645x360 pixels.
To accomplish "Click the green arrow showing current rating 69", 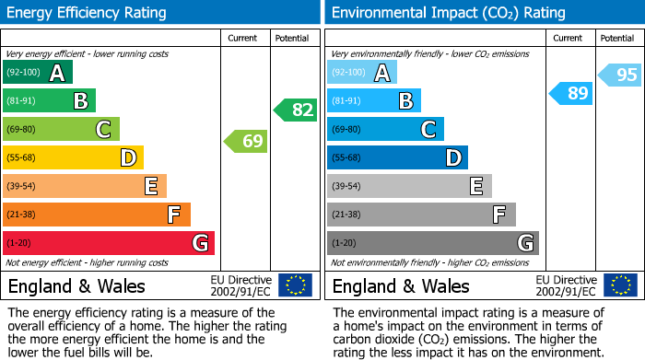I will click(x=245, y=142).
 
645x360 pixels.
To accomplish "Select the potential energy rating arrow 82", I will click(x=296, y=110).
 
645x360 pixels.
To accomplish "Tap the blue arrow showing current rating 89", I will click(x=571, y=93).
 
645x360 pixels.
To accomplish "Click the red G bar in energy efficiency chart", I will click(x=108, y=243).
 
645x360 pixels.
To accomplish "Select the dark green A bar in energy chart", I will click(x=37, y=73).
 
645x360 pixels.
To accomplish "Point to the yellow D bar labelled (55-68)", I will click(x=73, y=158).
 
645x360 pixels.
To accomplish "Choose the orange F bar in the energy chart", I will click(x=96, y=215).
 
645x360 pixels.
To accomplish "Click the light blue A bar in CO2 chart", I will click(x=362, y=73).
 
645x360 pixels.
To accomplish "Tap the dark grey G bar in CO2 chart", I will click(x=432, y=243).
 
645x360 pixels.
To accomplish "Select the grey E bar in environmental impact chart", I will click(x=409, y=186).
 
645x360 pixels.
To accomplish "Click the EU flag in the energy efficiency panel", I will click(x=296, y=285).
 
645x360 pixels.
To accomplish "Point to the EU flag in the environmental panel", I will click(x=620, y=285).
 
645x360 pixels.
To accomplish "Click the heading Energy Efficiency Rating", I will click(x=88, y=13).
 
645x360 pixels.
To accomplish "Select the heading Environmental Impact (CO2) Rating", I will click(x=435, y=13).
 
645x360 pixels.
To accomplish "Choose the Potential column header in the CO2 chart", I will click(x=617, y=38).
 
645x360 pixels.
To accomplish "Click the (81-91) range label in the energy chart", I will click(x=21, y=101).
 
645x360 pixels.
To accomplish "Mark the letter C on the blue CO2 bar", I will click(x=428, y=130).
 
